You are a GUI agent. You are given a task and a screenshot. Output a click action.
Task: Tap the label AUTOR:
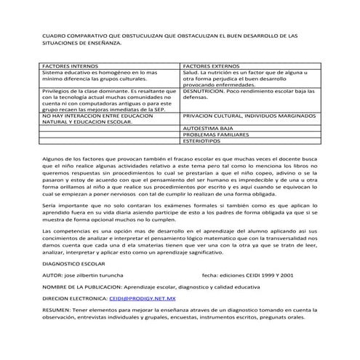pos(53,276)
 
